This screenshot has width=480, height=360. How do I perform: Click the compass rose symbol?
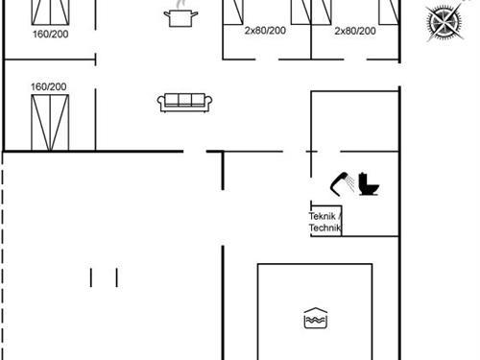pos(445,22)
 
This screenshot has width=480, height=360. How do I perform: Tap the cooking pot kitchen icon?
pos(180,18)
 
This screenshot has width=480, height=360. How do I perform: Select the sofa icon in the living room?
pos(184,103)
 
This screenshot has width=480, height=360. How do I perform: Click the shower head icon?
pos(342,184)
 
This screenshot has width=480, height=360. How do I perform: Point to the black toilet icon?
pos(369,184)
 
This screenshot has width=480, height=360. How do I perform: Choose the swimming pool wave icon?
pos(316,318)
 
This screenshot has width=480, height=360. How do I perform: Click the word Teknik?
pos(323,216)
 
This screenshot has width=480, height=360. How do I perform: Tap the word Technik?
pos(324,228)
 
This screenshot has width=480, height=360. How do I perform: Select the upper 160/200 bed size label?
pos(51,34)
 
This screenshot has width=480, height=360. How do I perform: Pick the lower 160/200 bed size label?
pos(49,86)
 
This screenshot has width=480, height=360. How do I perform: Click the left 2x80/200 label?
pos(265,31)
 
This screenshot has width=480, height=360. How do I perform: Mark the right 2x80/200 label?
pos(355,31)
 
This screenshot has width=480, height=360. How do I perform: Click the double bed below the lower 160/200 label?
pos(50,123)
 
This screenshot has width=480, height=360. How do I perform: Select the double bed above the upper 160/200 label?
pos(50,12)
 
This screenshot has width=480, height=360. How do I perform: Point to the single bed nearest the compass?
pos(389,12)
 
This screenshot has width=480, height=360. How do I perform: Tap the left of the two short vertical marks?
pos(91,277)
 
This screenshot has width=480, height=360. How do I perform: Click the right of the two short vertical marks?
pos(117,277)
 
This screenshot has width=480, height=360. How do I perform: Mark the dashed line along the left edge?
pos(3,256)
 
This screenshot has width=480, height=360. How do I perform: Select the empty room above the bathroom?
pos(355,121)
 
